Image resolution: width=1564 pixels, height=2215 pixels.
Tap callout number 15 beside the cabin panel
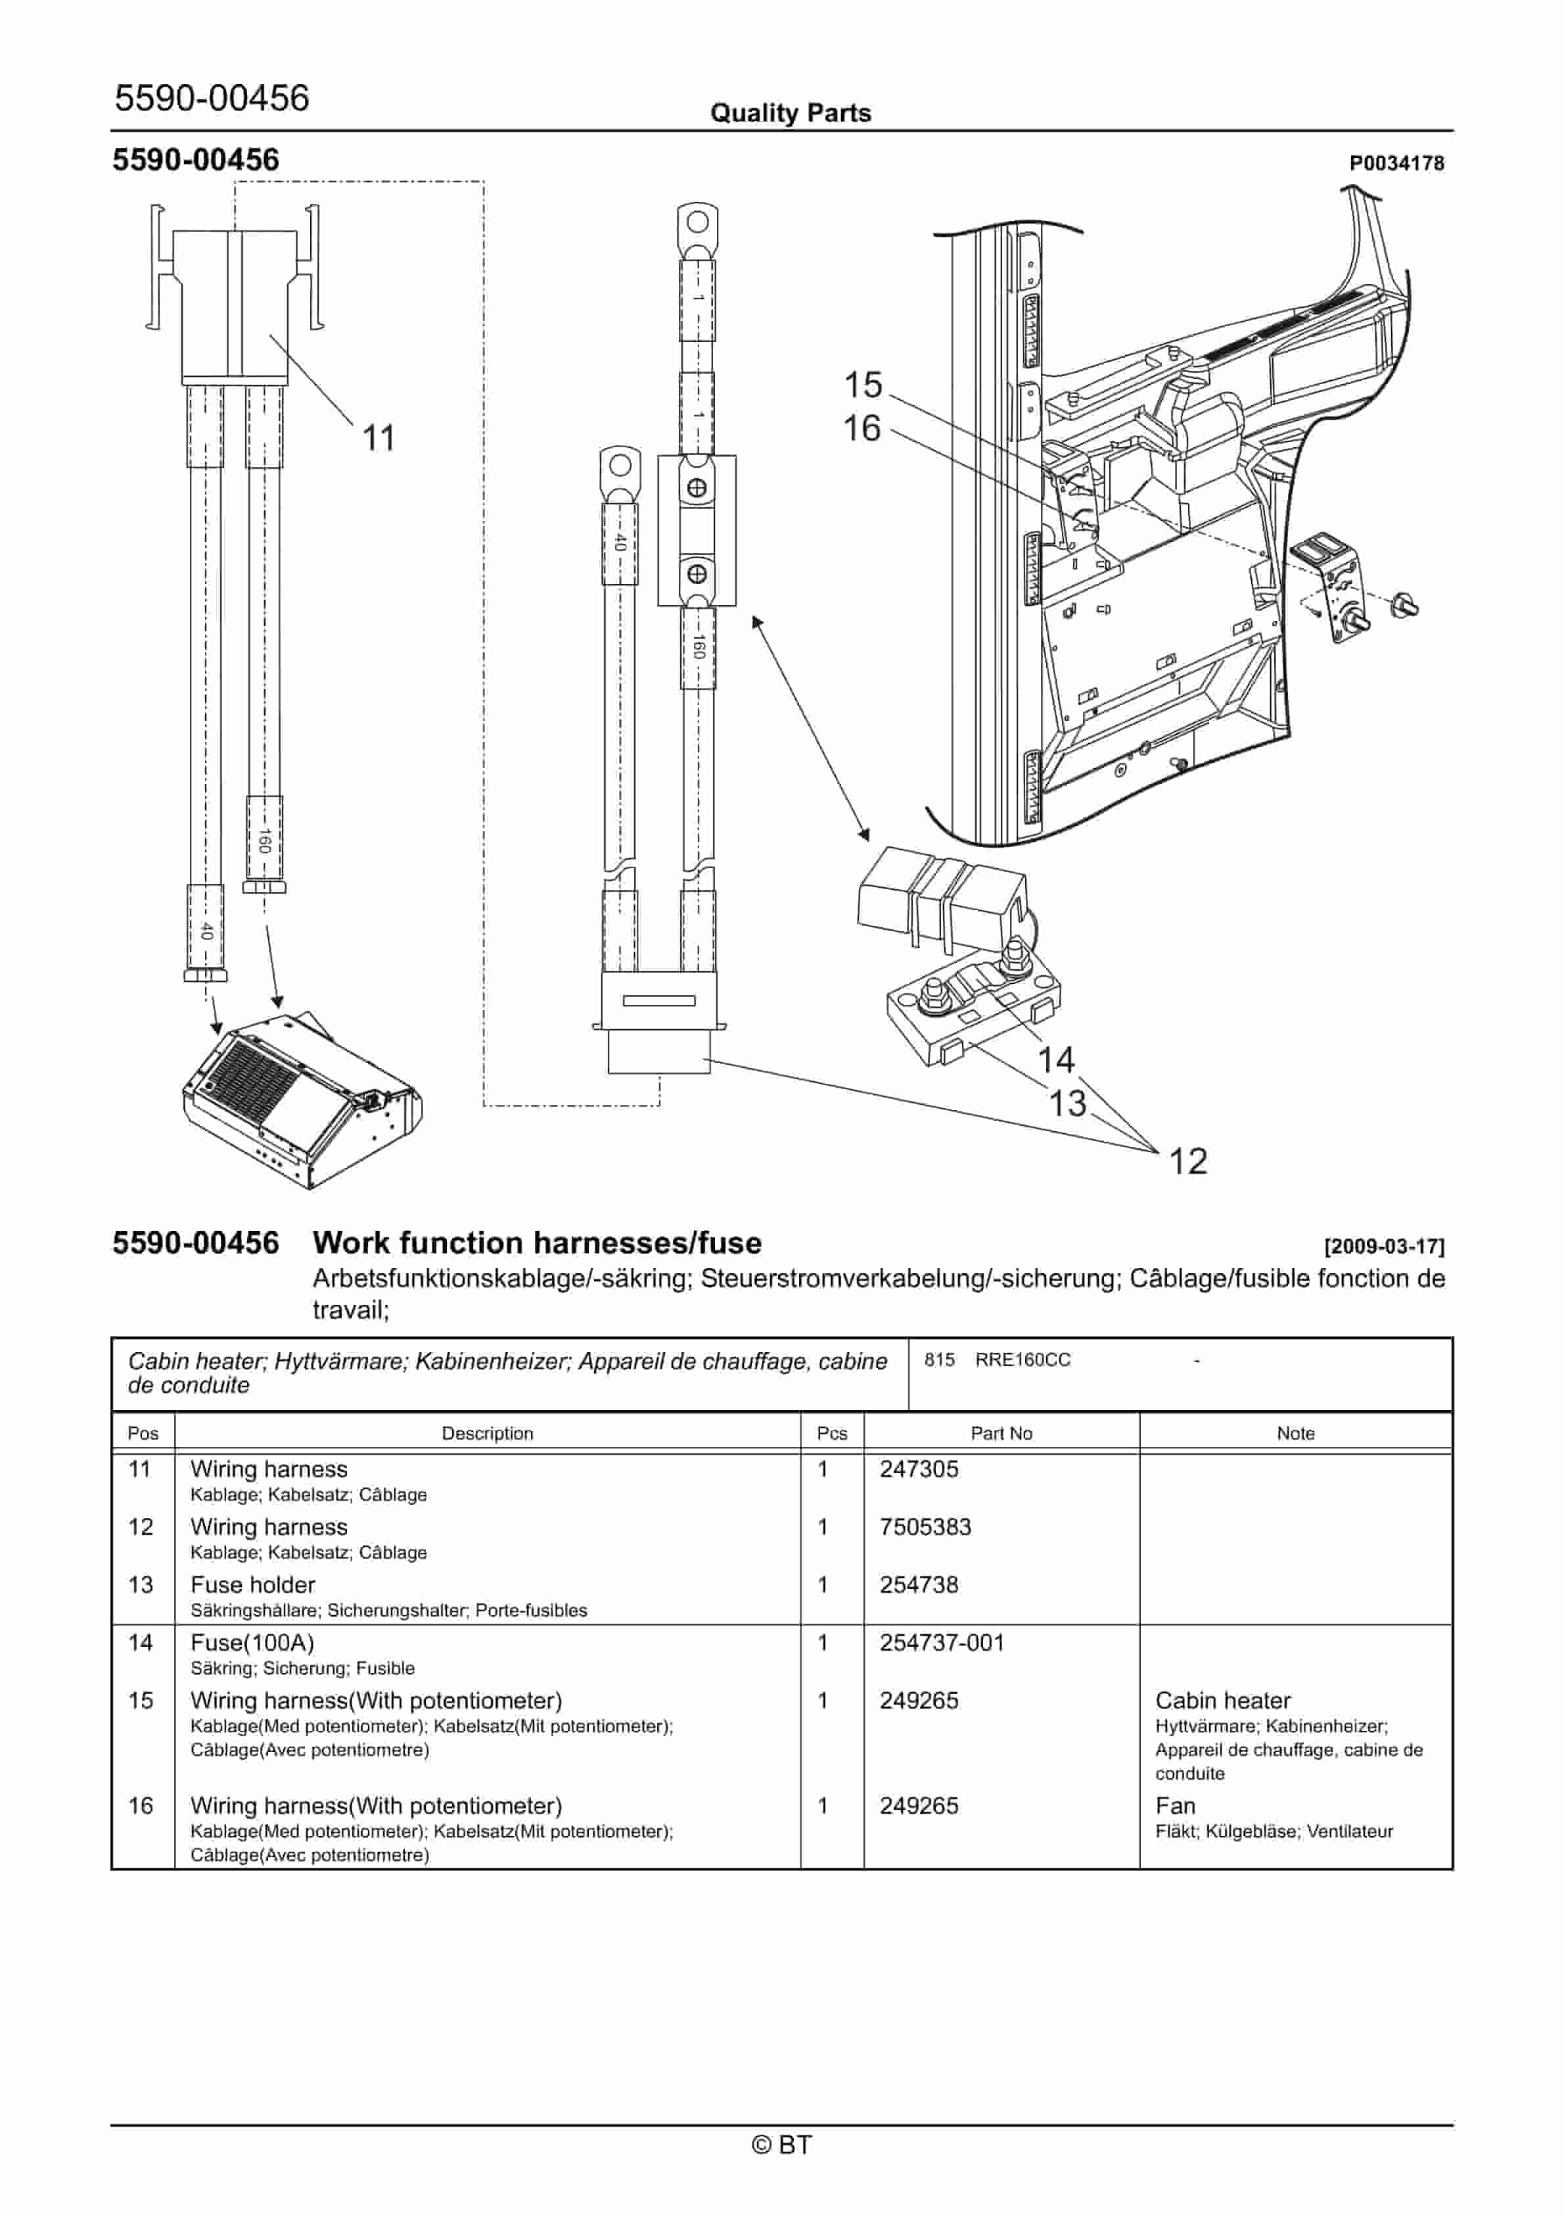863,385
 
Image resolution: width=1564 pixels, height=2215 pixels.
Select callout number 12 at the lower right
1188,1161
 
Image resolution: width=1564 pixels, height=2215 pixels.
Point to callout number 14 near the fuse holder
1056,1060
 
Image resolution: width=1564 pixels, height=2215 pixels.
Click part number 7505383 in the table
925,1527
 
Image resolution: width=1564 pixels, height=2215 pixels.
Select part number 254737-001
941,1643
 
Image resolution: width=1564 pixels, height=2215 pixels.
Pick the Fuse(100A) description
252,1643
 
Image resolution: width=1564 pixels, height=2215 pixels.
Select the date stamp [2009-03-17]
1384,1246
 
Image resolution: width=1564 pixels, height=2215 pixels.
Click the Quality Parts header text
790,113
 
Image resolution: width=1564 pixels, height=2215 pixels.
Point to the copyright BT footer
782,2145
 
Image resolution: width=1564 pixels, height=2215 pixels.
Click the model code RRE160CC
1022,1360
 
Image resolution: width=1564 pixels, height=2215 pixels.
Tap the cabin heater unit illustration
302,1100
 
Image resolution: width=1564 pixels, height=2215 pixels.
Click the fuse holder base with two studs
972,1013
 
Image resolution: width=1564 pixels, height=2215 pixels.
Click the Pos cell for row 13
141,1585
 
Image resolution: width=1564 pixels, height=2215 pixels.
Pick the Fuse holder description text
252,1585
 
